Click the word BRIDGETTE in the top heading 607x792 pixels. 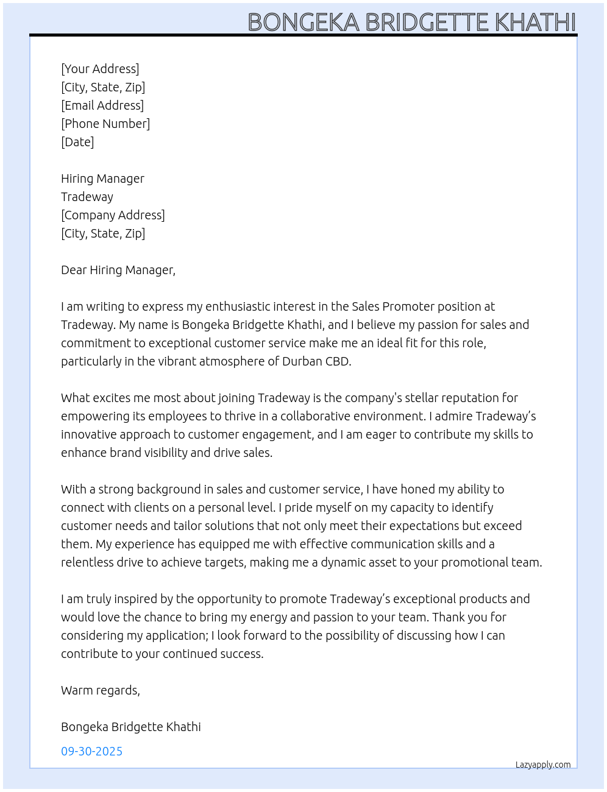pos(428,23)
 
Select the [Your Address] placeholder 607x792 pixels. pos(100,69)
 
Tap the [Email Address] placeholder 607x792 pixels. pos(102,105)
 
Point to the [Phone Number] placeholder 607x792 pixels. pos(105,124)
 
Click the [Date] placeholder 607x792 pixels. pos(77,142)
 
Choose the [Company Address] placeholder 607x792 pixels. pos(113,215)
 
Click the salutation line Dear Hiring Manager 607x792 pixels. pos(118,270)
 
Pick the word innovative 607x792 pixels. pos(88,434)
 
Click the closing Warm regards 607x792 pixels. pos(101,690)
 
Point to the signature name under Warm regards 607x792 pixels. pos(131,727)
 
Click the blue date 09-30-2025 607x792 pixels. pos(92,751)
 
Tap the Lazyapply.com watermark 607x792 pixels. pos(543,765)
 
